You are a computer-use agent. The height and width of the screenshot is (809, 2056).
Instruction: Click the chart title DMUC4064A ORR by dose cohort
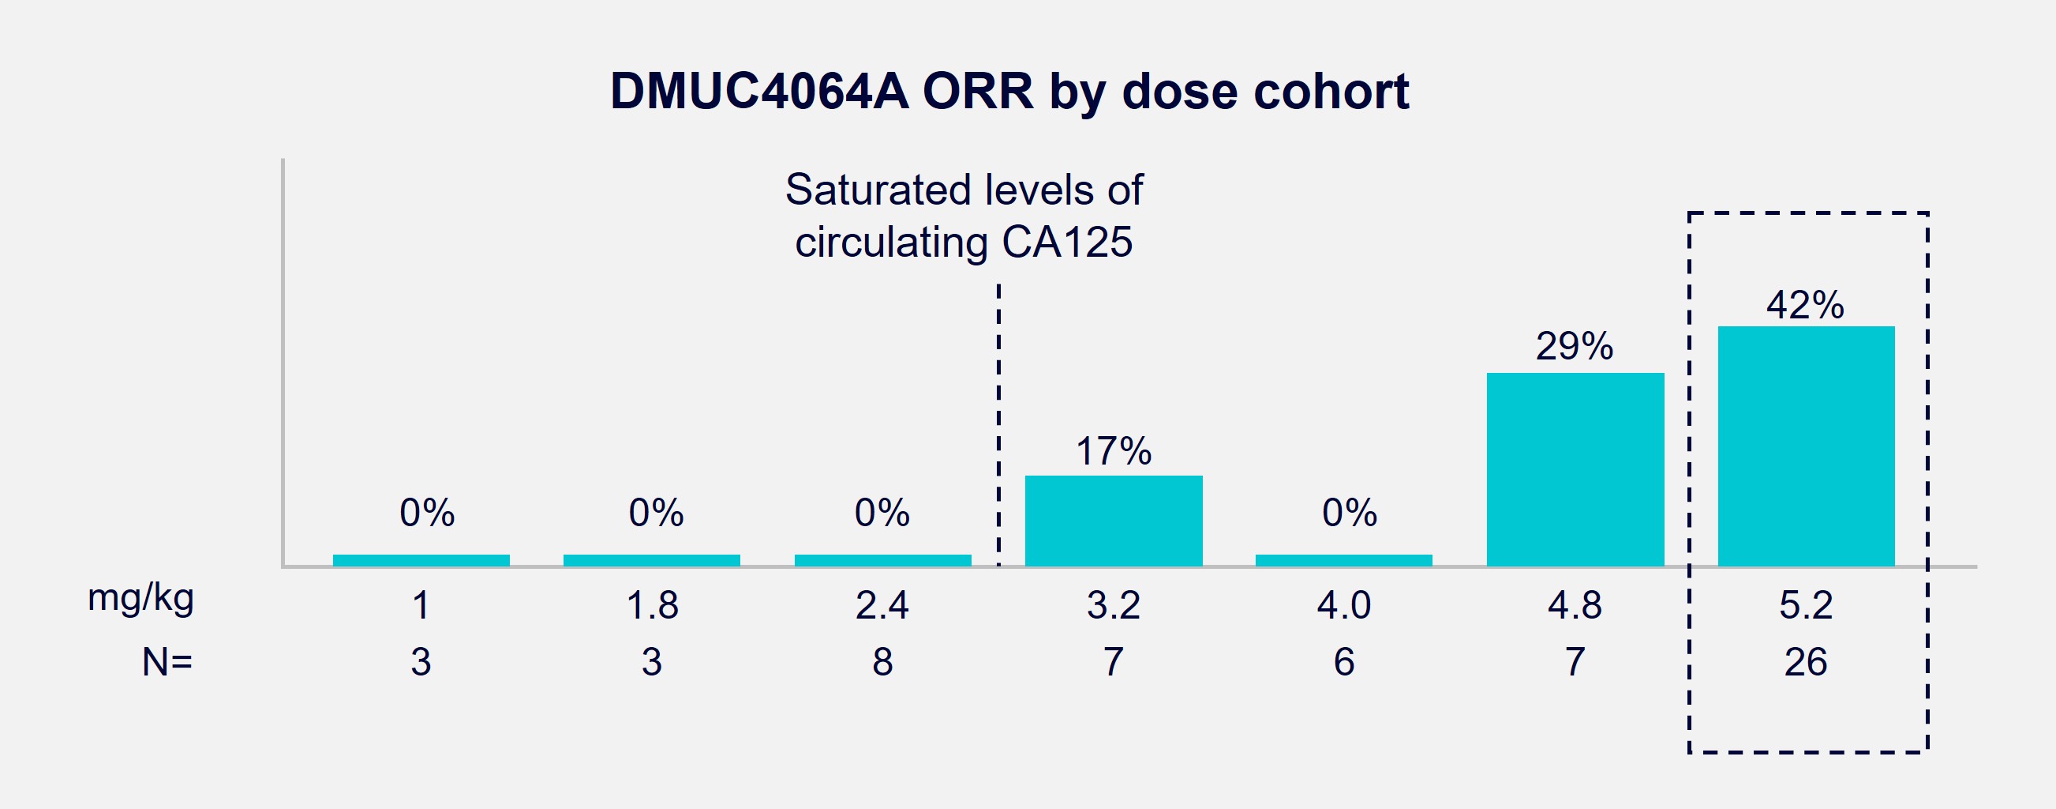pos(1009,91)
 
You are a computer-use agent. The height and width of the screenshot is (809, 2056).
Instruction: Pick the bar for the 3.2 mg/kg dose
pos(1114,521)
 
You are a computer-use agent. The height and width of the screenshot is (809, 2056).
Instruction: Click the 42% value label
pos(1804,305)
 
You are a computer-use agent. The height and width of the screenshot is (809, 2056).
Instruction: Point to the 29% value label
pos(1574,347)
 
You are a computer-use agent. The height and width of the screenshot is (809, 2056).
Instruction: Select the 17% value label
pos(1114,451)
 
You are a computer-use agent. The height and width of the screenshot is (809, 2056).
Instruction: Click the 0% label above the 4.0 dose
pos(1349,513)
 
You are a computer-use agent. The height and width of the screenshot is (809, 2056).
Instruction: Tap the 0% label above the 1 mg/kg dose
pos(427,513)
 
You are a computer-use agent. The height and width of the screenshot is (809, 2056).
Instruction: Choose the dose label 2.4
pos(882,605)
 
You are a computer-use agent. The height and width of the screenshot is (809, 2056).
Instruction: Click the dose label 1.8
pos(652,605)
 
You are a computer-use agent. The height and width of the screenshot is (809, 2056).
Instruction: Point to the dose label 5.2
pos(1805,605)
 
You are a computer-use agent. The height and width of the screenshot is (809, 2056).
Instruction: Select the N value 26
pos(1805,662)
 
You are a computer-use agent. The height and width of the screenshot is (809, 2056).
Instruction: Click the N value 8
pos(882,662)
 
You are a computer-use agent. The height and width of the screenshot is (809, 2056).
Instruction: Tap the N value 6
pos(1344,662)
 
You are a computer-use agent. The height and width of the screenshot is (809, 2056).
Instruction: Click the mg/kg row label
pos(140,598)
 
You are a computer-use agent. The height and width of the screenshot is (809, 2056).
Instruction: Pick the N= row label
pos(167,662)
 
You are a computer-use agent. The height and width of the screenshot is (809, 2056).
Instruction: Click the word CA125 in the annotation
pos(1066,242)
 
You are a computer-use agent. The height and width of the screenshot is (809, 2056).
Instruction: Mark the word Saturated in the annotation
pos(878,190)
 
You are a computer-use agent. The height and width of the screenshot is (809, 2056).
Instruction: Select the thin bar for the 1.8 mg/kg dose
pos(651,560)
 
